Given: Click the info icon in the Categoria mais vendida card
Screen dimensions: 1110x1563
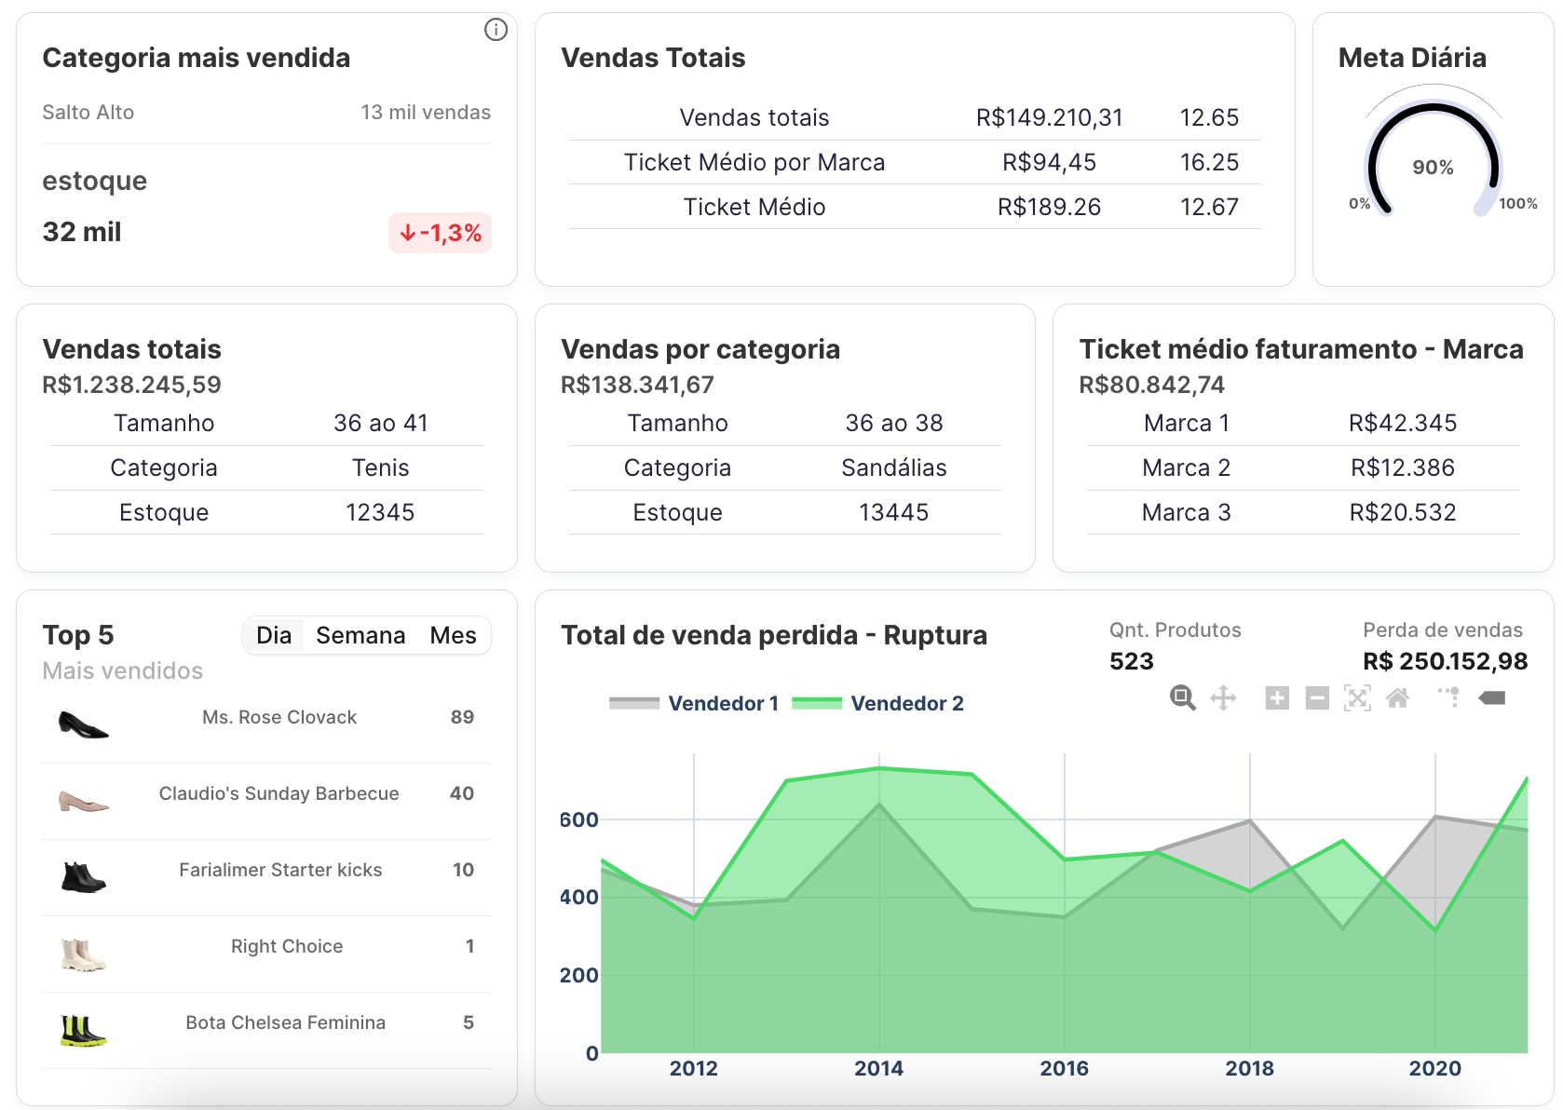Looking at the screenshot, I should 496,30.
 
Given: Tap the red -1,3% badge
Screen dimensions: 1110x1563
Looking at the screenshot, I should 440,233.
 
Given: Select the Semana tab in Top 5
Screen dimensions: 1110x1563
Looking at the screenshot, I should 360,635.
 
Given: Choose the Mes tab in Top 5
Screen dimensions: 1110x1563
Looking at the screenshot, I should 453,635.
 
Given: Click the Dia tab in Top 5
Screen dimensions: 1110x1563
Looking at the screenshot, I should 274,635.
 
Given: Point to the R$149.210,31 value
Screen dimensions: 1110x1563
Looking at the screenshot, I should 1049,117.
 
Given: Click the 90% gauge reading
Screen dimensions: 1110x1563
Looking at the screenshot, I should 1433,168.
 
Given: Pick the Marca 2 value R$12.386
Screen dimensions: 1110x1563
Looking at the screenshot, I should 1402,467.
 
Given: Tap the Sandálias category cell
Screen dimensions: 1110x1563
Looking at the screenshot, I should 893,467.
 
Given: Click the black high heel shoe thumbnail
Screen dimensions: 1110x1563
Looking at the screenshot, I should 83,724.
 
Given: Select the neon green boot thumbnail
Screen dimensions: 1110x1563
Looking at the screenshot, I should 83,1030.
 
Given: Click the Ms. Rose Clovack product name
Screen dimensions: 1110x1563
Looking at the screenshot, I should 279,717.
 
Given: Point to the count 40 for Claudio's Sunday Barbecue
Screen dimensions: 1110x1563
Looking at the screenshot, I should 462,793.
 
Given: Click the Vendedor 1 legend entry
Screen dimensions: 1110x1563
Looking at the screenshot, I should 694,703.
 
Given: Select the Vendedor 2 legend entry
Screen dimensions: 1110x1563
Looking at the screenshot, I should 877,703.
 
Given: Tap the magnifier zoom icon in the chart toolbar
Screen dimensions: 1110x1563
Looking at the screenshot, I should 1182,697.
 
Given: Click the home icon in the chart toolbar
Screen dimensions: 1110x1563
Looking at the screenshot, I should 1397,697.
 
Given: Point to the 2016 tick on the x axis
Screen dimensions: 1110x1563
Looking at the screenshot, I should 1064,1068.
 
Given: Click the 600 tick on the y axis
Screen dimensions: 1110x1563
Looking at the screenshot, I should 578,819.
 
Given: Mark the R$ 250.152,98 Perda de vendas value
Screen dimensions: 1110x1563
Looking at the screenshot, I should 1445,661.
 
